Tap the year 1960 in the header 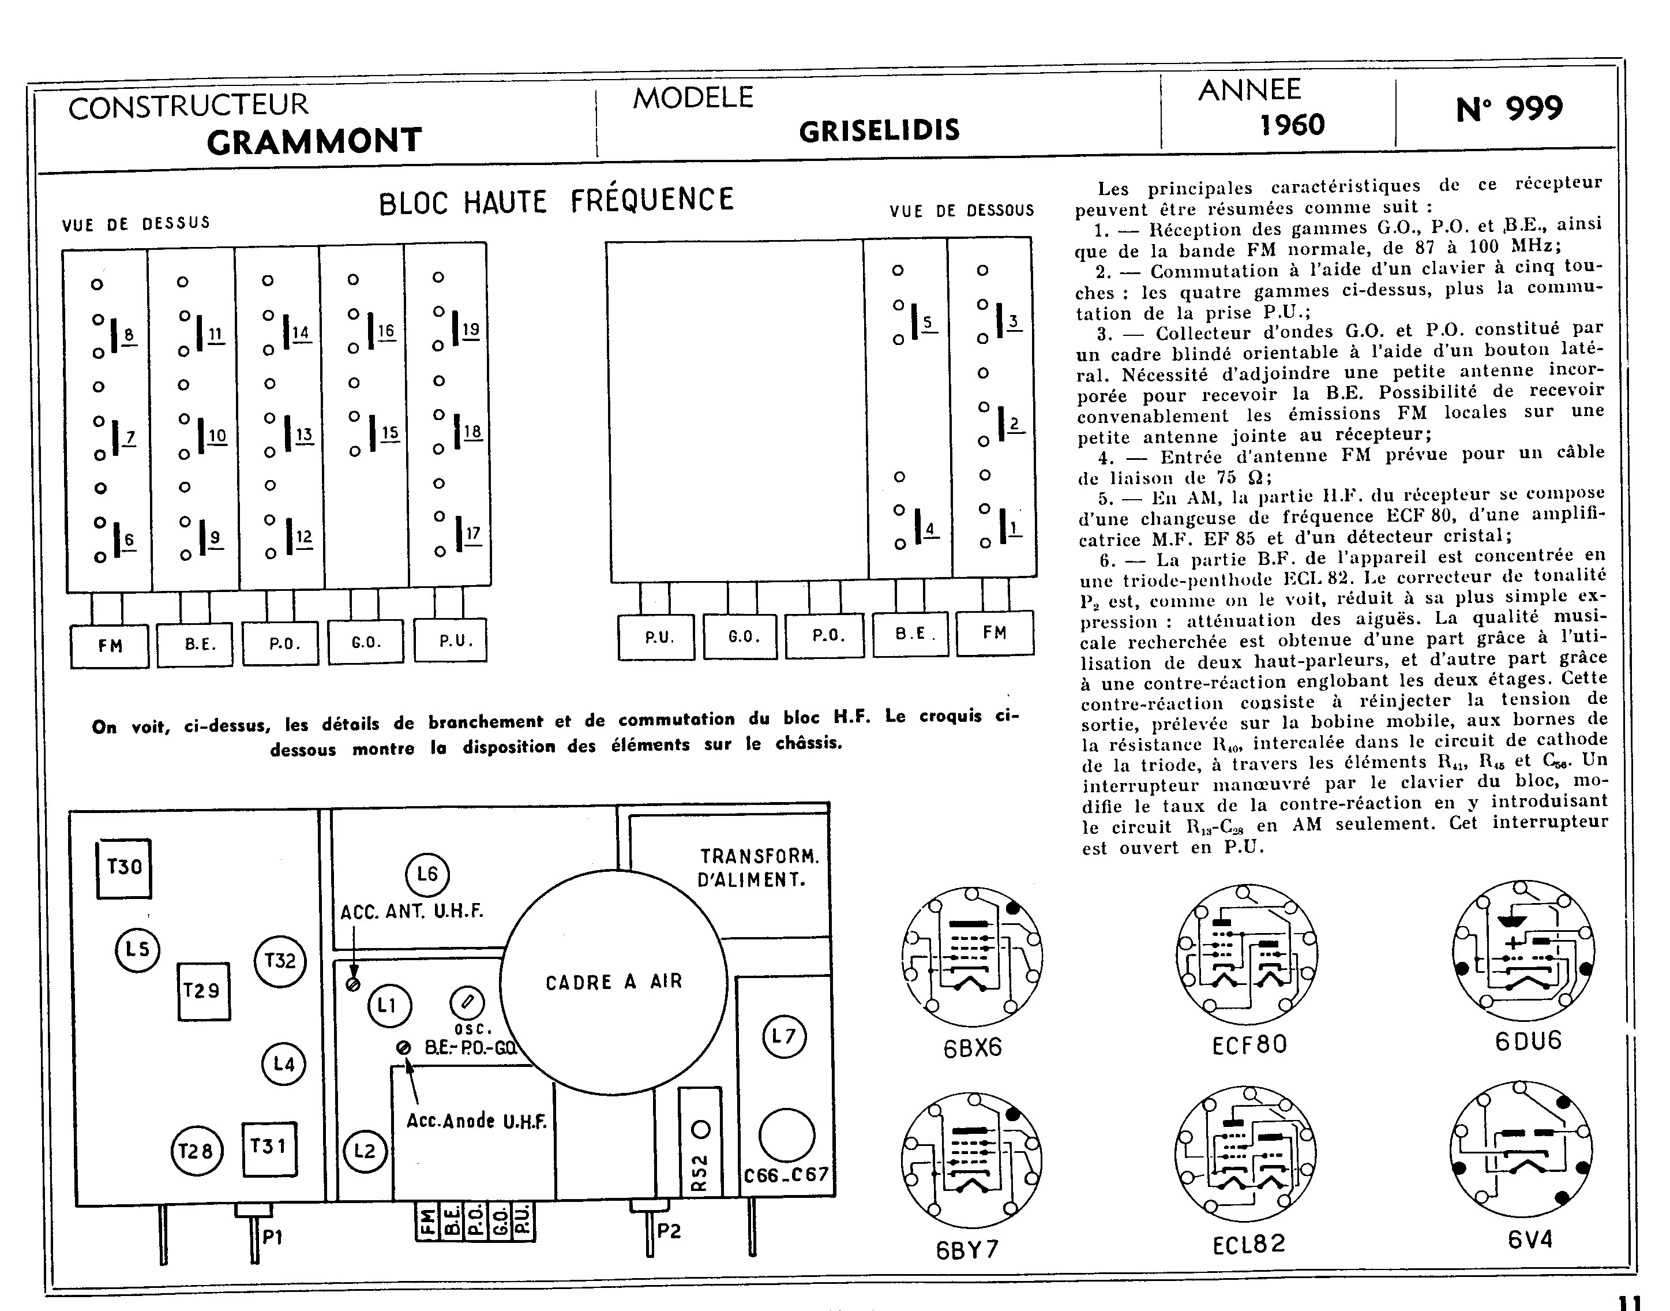coord(1292,124)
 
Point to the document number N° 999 coord(1509,109)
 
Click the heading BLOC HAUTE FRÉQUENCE coord(557,201)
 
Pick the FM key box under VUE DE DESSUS coord(110,646)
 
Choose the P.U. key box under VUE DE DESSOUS coord(658,637)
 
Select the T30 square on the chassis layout coord(123,868)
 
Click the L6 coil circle coord(427,874)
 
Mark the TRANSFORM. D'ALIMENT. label coord(757,867)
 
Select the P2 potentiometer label coord(669,1231)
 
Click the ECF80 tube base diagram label coord(1249,1044)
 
